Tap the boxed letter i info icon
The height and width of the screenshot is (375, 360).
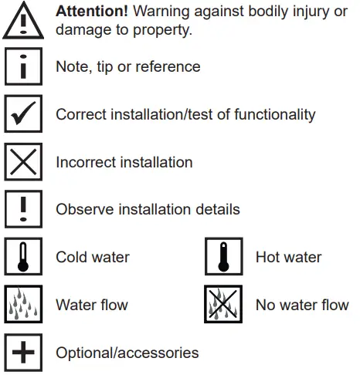[x=23, y=68]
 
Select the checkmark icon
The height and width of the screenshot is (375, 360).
[x=23, y=115]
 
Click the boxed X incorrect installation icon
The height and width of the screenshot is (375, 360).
[x=23, y=162]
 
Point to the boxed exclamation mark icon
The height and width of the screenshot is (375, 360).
[x=23, y=210]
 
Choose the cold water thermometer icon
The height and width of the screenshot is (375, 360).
[x=23, y=258]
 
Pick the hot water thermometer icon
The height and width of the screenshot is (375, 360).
[x=224, y=258]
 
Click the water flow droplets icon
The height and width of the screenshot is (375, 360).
[x=23, y=306]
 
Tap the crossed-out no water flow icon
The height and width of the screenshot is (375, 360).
[x=224, y=306]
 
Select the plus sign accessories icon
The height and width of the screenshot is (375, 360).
[x=23, y=353]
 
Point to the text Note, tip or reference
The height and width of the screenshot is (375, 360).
[x=127, y=67]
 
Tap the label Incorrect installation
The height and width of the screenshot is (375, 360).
[x=124, y=163]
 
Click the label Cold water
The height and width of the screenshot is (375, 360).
[x=93, y=257]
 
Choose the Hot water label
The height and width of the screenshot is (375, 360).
[x=288, y=257]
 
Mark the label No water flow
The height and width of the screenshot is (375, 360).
[x=301, y=305]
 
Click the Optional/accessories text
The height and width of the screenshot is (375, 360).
[x=127, y=353]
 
